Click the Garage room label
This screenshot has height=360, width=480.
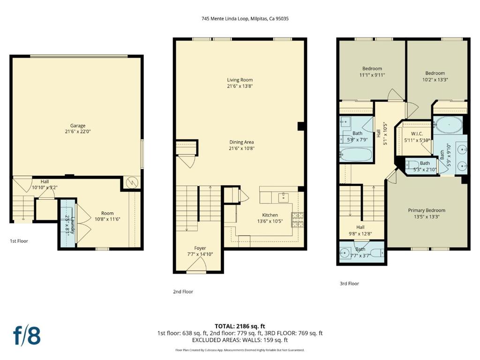(x=78, y=126)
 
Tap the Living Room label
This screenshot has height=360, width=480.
(x=240, y=80)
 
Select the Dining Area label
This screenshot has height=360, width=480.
(x=241, y=142)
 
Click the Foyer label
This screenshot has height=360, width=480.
(x=200, y=248)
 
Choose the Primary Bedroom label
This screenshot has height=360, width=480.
(x=427, y=210)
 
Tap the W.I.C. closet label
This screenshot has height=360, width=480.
(x=417, y=134)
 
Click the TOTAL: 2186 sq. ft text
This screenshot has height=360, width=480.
(x=240, y=326)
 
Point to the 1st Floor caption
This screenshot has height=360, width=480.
(x=19, y=241)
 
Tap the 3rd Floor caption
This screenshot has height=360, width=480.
(x=349, y=284)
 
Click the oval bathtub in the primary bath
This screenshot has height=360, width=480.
(x=448, y=125)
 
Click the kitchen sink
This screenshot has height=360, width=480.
(x=283, y=197)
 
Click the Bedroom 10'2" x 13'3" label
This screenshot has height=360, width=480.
(x=435, y=73)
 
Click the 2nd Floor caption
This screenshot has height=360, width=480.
(x=183, y=292)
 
